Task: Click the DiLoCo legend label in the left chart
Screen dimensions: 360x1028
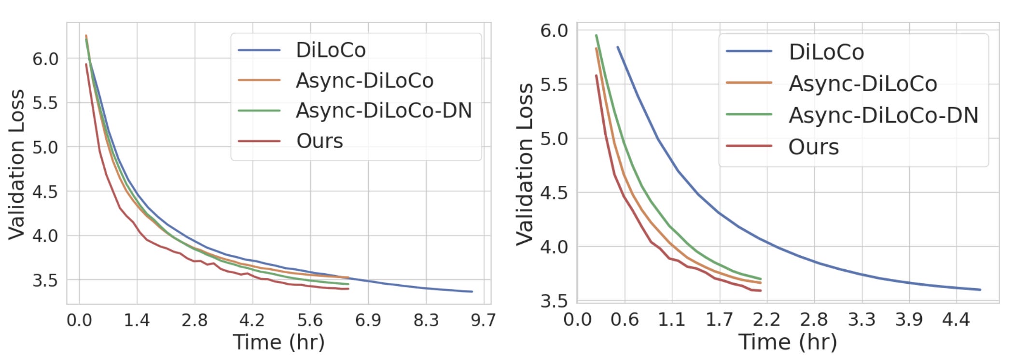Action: (x=331, y=50)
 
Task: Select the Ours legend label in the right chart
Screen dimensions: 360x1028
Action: (x=813, y=147)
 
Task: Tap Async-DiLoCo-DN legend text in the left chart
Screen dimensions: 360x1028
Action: (x=384, y=111)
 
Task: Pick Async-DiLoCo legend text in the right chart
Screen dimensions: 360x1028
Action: (x=862, y=84)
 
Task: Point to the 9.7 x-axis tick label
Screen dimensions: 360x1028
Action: (x=483, y=320)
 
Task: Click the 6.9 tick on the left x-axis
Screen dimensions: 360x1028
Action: (x=368, y=320)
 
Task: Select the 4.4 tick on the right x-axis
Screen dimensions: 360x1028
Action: (x=956, y=319)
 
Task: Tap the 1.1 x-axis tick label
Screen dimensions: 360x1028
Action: (x=671, y=319)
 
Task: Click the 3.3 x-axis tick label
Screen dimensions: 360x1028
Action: (x=861, y=319)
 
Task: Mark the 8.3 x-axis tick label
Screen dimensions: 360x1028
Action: (x=426, y=320)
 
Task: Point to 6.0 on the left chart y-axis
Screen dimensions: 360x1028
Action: (x=45, y=59)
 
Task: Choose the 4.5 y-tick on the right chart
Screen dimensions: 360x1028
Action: (x=554, y=193)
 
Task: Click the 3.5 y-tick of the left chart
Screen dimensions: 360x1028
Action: (x=45, y=280)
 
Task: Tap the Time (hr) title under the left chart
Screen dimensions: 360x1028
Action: (x=279, y=342)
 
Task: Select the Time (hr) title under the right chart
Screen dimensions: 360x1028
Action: (x=788, y=342)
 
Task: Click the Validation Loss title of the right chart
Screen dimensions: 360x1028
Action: (x=525, y=164)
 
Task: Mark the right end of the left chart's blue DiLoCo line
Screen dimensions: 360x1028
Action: (x=472, y=291)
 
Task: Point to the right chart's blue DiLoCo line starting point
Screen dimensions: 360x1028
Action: (x=618, y=47)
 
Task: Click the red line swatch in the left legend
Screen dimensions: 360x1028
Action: (x=259, y=141)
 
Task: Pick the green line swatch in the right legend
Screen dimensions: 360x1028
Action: (x=749, y=115)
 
